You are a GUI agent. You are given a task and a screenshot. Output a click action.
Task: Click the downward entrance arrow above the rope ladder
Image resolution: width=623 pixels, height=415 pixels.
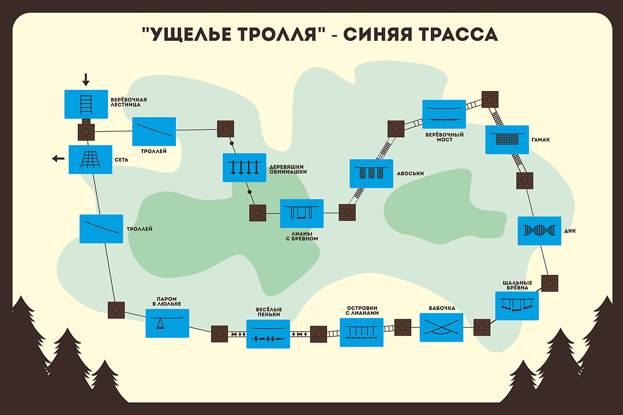point(86,80)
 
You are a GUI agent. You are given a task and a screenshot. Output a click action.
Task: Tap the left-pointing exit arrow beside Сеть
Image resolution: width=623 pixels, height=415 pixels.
point(58,159)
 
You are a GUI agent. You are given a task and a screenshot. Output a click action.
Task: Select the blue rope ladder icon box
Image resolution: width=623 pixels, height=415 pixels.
point(86,104)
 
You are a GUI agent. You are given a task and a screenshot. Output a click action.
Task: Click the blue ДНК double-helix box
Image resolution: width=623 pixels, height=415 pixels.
point(539,231)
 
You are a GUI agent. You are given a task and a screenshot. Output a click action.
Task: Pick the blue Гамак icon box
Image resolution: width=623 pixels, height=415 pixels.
point(507,139)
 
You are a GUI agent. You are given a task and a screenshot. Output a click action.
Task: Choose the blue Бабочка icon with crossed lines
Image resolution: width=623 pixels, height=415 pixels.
point(441,327)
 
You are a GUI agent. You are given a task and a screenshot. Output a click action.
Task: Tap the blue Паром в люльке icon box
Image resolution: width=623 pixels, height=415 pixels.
point(167,323)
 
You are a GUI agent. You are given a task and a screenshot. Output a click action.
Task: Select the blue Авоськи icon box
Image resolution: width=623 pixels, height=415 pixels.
point(371,173)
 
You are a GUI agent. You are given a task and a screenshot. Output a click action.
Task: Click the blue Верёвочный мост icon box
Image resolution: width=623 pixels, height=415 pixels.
point(444,114)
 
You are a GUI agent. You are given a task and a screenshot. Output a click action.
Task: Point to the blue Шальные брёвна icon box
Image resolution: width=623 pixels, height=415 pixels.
point(517,305)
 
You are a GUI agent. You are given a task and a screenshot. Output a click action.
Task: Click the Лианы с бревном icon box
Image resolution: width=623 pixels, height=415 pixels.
point(302,214)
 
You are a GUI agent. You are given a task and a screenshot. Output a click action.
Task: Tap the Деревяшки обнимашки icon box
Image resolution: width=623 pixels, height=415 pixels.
point(245,168)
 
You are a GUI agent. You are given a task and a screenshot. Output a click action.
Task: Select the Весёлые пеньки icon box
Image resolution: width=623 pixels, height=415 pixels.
point(268,334)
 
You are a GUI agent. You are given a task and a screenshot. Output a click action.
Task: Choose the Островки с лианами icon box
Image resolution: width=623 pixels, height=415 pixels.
point(362,332)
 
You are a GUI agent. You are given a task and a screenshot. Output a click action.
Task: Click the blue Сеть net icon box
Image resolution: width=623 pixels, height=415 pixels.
point(91,159)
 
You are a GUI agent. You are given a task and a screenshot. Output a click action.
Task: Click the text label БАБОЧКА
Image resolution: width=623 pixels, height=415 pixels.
point(442,308)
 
